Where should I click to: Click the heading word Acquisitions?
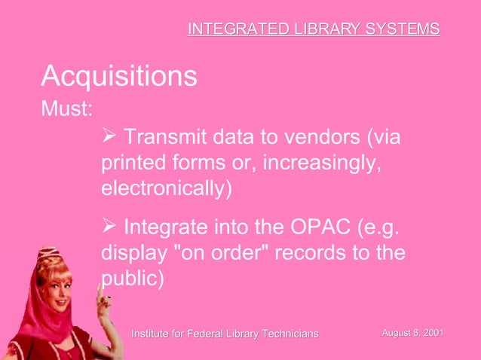[x=119, y=76]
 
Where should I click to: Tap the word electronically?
[x=164, y=188]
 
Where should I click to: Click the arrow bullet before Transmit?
[x=109, y=138]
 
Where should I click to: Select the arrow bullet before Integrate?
[x=109, y=226]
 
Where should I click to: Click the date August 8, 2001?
[x=412, y=332]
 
